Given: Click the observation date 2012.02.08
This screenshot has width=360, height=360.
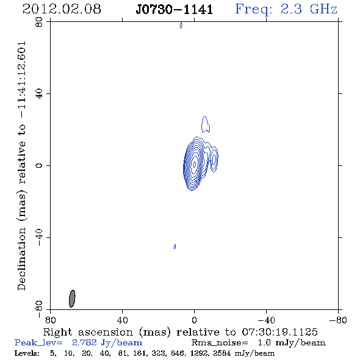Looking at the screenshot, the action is [x=62, y=9].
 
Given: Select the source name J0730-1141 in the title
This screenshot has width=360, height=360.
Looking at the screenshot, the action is [x=175, y=10].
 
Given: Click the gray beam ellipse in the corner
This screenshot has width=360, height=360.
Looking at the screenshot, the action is [x=72, y=298].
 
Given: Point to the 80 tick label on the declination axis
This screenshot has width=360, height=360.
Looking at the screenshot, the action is [x=39, y=22].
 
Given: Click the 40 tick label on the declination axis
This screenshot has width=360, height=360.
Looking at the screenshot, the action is [x=39, y=94].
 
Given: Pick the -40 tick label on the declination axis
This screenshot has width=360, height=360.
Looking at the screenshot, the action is [x=39, y=237].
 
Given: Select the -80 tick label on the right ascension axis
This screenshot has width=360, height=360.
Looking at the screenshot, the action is [x=338, y=320].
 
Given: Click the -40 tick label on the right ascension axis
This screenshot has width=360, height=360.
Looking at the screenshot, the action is [x=266, y=320].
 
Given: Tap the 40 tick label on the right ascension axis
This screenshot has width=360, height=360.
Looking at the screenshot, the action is [x=122, y=320].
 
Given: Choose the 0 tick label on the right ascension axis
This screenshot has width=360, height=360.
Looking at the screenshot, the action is [x=194, y=320].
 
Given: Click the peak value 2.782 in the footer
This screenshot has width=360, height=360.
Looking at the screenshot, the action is [x=84, y=342].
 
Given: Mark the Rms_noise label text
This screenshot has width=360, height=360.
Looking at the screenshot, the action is [x=220, y=343].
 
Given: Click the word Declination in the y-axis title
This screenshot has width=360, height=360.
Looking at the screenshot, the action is [x=21, y=259].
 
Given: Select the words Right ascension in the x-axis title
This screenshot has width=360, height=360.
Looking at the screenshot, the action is [x=88, y=332].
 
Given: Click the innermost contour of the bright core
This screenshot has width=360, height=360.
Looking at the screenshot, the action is [x=195, y=164].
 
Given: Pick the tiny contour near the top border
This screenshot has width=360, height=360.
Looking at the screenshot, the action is [x=181, y=25].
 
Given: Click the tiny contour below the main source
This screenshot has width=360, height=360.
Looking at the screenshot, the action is [x=175, y=247].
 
